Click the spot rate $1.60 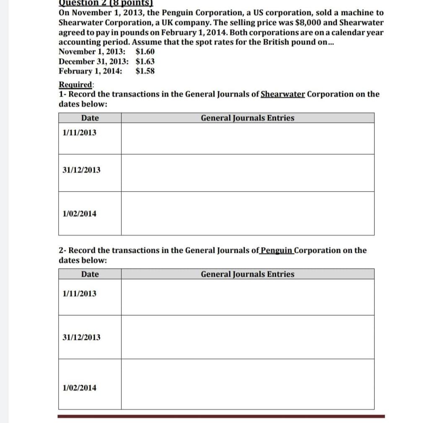point(145,52)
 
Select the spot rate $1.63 point(145,61)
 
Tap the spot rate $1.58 point(145,71)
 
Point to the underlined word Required point(75,85)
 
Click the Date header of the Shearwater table point(90,118)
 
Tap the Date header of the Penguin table point(90,274)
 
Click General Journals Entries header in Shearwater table point(248,118)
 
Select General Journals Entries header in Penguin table point(248,274)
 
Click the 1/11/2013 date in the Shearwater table point(79,132)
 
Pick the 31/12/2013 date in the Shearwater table point(81,170)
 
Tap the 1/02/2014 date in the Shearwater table point(79,213)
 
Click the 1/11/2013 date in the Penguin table point(79,293)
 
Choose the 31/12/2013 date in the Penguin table point(81,337)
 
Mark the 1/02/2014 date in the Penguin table point(79,387)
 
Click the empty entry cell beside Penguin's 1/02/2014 point(248,384)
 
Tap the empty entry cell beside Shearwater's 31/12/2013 point(248,173)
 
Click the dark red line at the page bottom point(221,416)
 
